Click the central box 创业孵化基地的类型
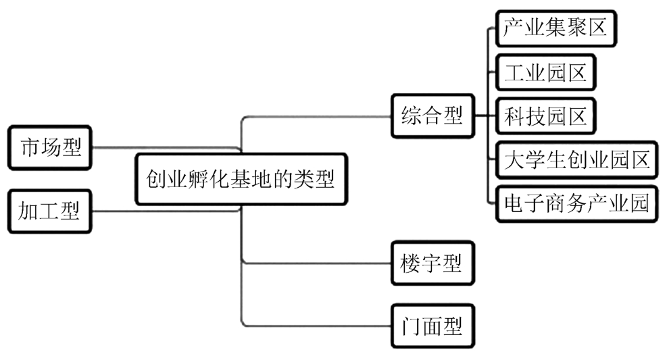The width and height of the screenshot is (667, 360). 240,180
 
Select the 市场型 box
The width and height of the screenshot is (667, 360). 51,147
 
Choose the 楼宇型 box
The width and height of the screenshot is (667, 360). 431,263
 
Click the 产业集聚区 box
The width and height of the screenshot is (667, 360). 555,28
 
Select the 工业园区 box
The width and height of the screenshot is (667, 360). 545,72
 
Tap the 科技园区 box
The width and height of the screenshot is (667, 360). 545,116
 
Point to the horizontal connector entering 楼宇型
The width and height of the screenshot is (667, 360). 318,263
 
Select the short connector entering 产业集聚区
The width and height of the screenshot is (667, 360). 492,28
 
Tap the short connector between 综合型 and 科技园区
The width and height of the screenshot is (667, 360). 485,116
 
